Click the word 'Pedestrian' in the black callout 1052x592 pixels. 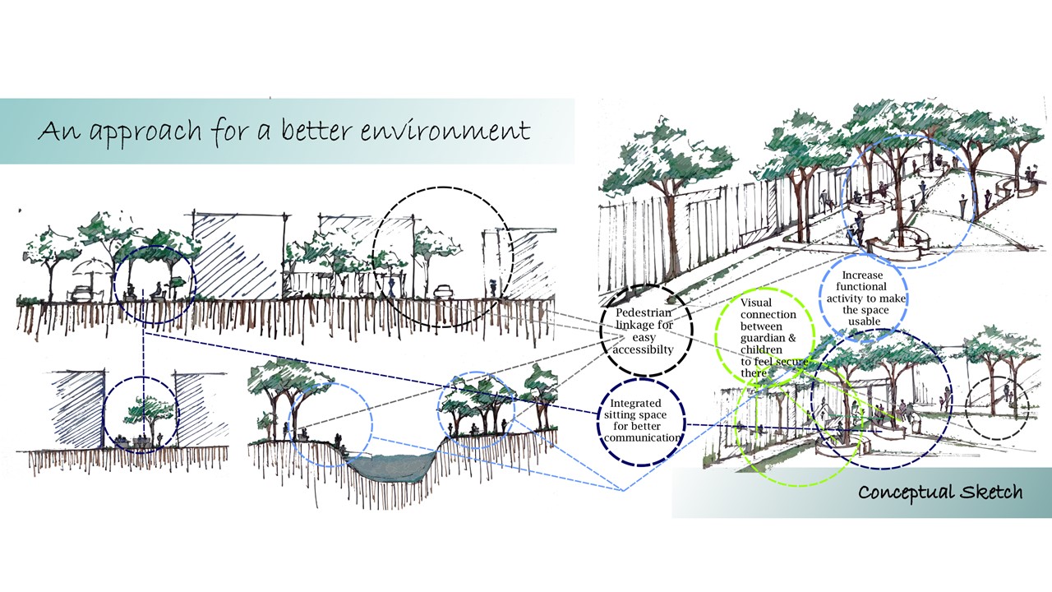644,313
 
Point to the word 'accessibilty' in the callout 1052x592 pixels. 644,349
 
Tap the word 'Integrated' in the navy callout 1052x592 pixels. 644,403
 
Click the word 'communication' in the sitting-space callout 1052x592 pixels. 644,437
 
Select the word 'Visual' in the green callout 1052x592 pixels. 756,303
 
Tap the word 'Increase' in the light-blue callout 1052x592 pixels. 861,275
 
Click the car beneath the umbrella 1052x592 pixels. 83,293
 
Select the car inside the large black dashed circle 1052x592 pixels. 444,292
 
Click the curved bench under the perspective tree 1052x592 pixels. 896,243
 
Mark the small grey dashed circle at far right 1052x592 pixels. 995,409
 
